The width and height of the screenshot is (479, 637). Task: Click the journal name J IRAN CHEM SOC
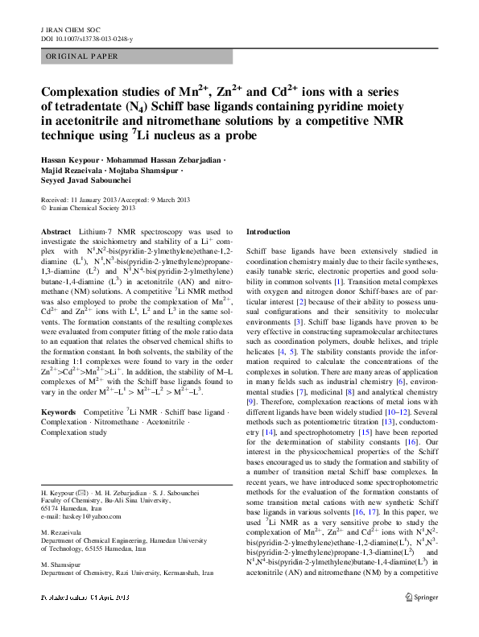click(64, 28)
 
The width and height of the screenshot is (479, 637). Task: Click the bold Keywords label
click(60, 390)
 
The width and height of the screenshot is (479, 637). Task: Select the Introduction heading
click(268, 232)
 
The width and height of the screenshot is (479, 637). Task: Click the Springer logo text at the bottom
click(425, 620)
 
